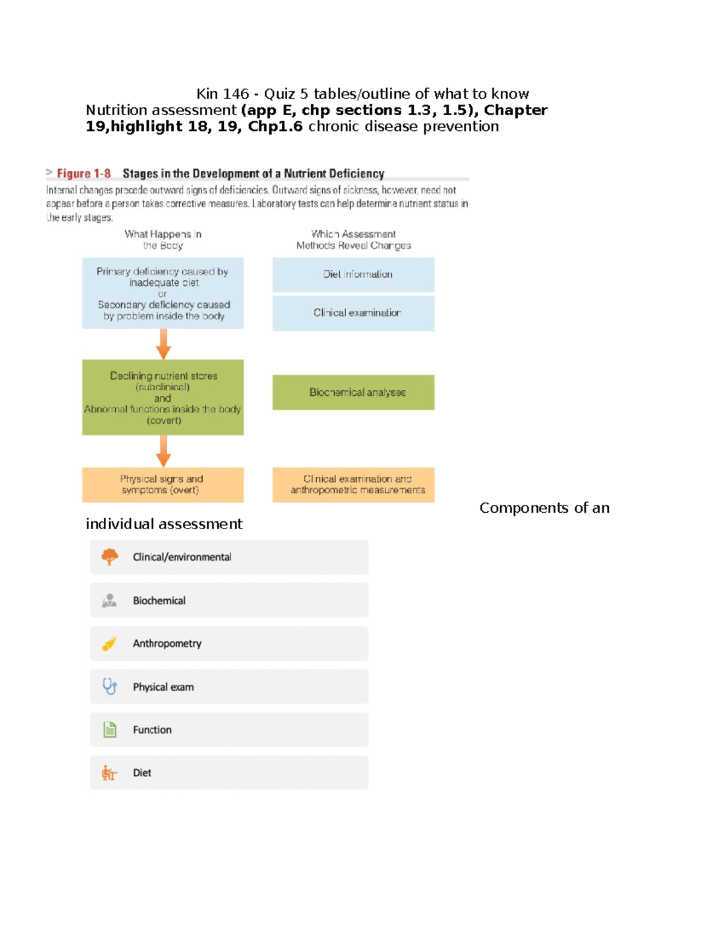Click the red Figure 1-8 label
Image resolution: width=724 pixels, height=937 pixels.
tap(84, 174)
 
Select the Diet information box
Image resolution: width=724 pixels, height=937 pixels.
tap(354, 275)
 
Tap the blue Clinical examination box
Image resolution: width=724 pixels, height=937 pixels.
tap(354, 313)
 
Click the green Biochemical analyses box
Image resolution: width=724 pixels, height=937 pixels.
tap(354, 392)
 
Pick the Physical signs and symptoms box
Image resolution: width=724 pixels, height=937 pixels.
tap(162, 484)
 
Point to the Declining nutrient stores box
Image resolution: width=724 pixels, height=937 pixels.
tap(162, 398)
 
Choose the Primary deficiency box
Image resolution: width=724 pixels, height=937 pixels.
tap(162, 293)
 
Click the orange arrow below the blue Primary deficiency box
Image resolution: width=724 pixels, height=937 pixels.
tap(164, 344)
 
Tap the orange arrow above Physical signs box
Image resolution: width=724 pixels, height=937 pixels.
tap(164, 451)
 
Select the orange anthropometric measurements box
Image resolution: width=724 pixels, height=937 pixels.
tap(354, 484)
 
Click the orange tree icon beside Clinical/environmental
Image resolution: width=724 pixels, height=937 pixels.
tap(109, 557)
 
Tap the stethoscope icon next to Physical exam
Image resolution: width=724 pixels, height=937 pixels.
tap(109, 687)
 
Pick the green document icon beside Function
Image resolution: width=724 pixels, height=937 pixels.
tap(109, 730)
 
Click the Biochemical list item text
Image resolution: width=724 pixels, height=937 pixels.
tap(159, 601)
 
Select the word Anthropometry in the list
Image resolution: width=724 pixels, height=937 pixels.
tap(167, 644)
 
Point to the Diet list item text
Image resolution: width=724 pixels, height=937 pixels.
tap(142, 773)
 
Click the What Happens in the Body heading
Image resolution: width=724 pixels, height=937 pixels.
tap(163, 240)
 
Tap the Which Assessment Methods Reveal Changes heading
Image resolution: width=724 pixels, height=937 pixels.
tap(354, 240)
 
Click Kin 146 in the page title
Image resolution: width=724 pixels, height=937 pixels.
tap(222, 94)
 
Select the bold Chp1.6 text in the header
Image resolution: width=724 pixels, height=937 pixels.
tap(275, 127)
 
